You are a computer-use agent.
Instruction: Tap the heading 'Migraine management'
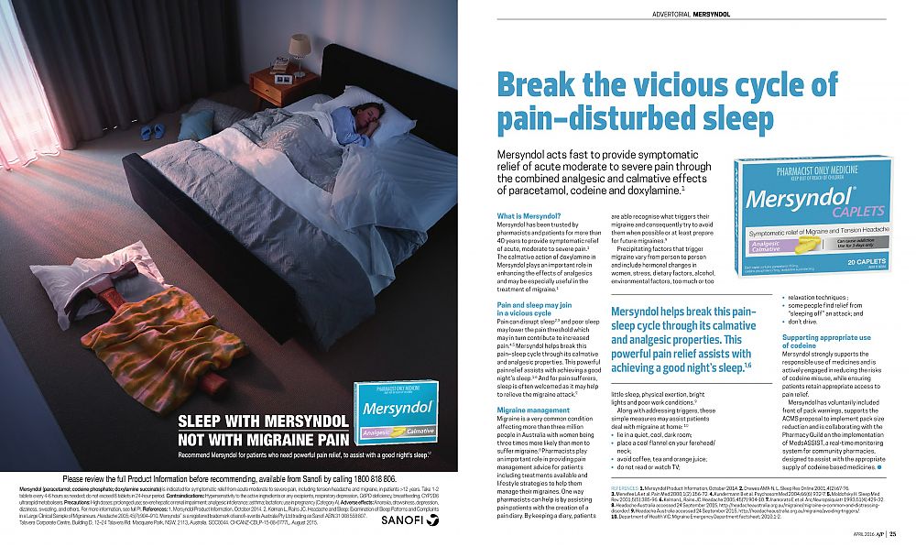point(533,410)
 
